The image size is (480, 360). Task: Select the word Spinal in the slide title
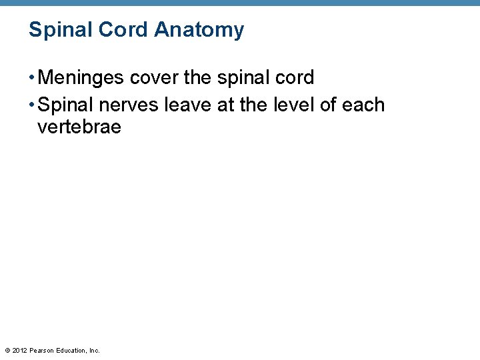coord(57,30)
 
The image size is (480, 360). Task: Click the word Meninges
coord(81,78)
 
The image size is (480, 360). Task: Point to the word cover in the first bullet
coord(153,78)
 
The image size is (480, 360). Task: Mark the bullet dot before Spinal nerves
coord(32,105)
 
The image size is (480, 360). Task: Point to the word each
coord(363,105)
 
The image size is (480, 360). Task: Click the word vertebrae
coord(79,127)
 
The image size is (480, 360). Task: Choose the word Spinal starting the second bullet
coord(65,105)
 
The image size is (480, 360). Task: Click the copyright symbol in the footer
coord(7,350)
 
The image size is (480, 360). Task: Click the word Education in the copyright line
coord(71,350)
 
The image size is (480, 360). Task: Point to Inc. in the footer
coord(94,350)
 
